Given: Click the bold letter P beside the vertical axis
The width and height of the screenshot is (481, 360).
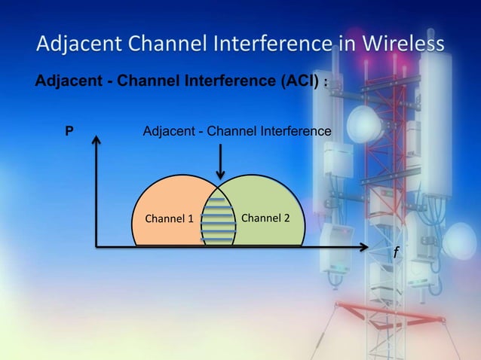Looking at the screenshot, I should (x=69, y=132).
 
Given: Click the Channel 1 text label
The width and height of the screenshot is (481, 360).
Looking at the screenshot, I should (x=169, y=219).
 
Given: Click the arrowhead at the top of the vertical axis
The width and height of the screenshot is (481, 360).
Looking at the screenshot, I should (x=97, y=141).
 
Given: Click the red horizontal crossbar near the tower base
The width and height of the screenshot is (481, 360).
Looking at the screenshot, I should (x=384, y=307).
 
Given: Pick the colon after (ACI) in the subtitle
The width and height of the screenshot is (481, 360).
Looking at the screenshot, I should (x=325, y=83).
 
